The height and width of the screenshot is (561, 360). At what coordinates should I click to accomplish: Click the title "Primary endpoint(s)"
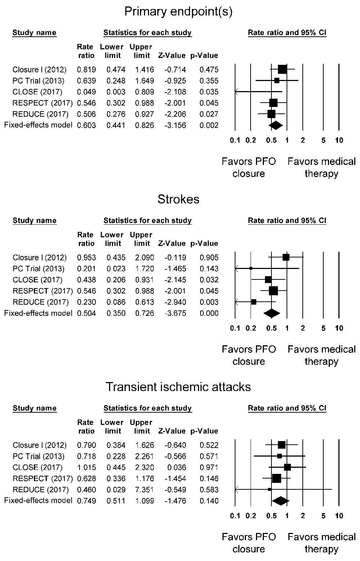178,12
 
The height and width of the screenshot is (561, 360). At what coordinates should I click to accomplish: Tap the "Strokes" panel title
178,199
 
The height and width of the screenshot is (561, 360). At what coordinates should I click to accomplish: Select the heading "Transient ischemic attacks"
178,387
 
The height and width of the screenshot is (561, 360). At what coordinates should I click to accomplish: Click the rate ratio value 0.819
86,70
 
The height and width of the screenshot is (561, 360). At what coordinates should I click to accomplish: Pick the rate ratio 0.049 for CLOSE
86,92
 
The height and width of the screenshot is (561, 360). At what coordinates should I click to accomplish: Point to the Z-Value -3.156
172,125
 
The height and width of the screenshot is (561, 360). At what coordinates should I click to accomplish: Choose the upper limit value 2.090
142,257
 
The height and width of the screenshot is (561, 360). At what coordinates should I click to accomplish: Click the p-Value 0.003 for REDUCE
209,302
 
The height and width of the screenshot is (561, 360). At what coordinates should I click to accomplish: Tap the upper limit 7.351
142,490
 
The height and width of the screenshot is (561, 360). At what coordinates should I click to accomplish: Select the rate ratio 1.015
86,467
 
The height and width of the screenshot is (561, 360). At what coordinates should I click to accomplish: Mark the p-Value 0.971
209,467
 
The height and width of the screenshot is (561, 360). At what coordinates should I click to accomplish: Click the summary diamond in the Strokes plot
272,313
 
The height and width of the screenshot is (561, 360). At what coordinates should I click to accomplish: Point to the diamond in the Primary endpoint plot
276,125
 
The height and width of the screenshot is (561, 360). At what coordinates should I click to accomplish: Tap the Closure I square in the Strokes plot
286,257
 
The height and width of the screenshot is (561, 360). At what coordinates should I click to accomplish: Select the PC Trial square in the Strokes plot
251,268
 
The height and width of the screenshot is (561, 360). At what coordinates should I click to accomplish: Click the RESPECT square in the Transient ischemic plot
276,479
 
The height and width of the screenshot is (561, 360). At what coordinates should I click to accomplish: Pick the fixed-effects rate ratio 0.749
86,501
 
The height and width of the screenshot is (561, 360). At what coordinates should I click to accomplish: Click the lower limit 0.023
116,269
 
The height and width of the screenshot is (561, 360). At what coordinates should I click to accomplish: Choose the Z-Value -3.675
172,313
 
